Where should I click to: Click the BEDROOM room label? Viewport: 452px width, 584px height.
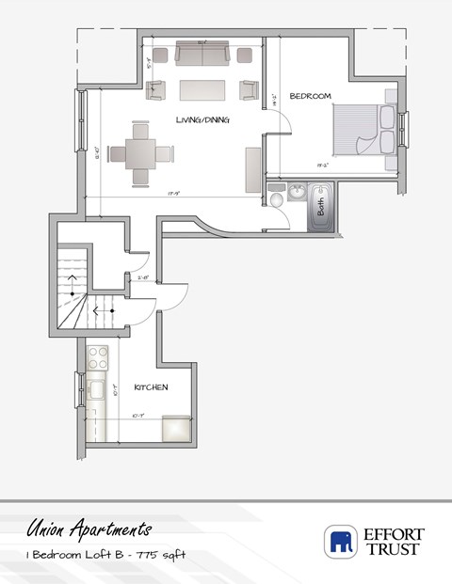click(308, 96)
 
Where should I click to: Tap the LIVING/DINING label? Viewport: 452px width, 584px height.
click(204, 119)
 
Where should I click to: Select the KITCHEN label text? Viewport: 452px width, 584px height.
click(151, 387)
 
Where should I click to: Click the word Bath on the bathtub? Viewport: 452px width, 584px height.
click(320, 206)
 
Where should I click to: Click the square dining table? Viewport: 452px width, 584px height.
click(139, 152)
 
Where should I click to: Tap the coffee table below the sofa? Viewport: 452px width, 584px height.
click(202, 89)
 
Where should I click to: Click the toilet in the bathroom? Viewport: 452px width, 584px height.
click(277, 199)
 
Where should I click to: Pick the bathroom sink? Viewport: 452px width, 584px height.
click(296, 193)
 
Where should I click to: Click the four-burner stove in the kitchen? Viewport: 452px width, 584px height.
click(98, 357)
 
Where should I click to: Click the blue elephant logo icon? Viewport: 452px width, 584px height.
click(339, 542)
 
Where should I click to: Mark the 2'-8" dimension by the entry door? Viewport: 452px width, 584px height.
click(144, 276)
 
